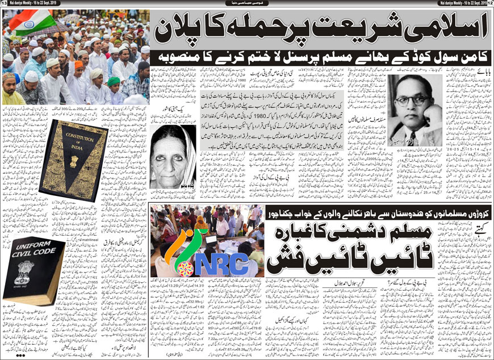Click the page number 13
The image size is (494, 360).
pyautogui.click(x=4, y=3)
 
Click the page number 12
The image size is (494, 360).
pyautogui.click(x=489, y=3)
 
